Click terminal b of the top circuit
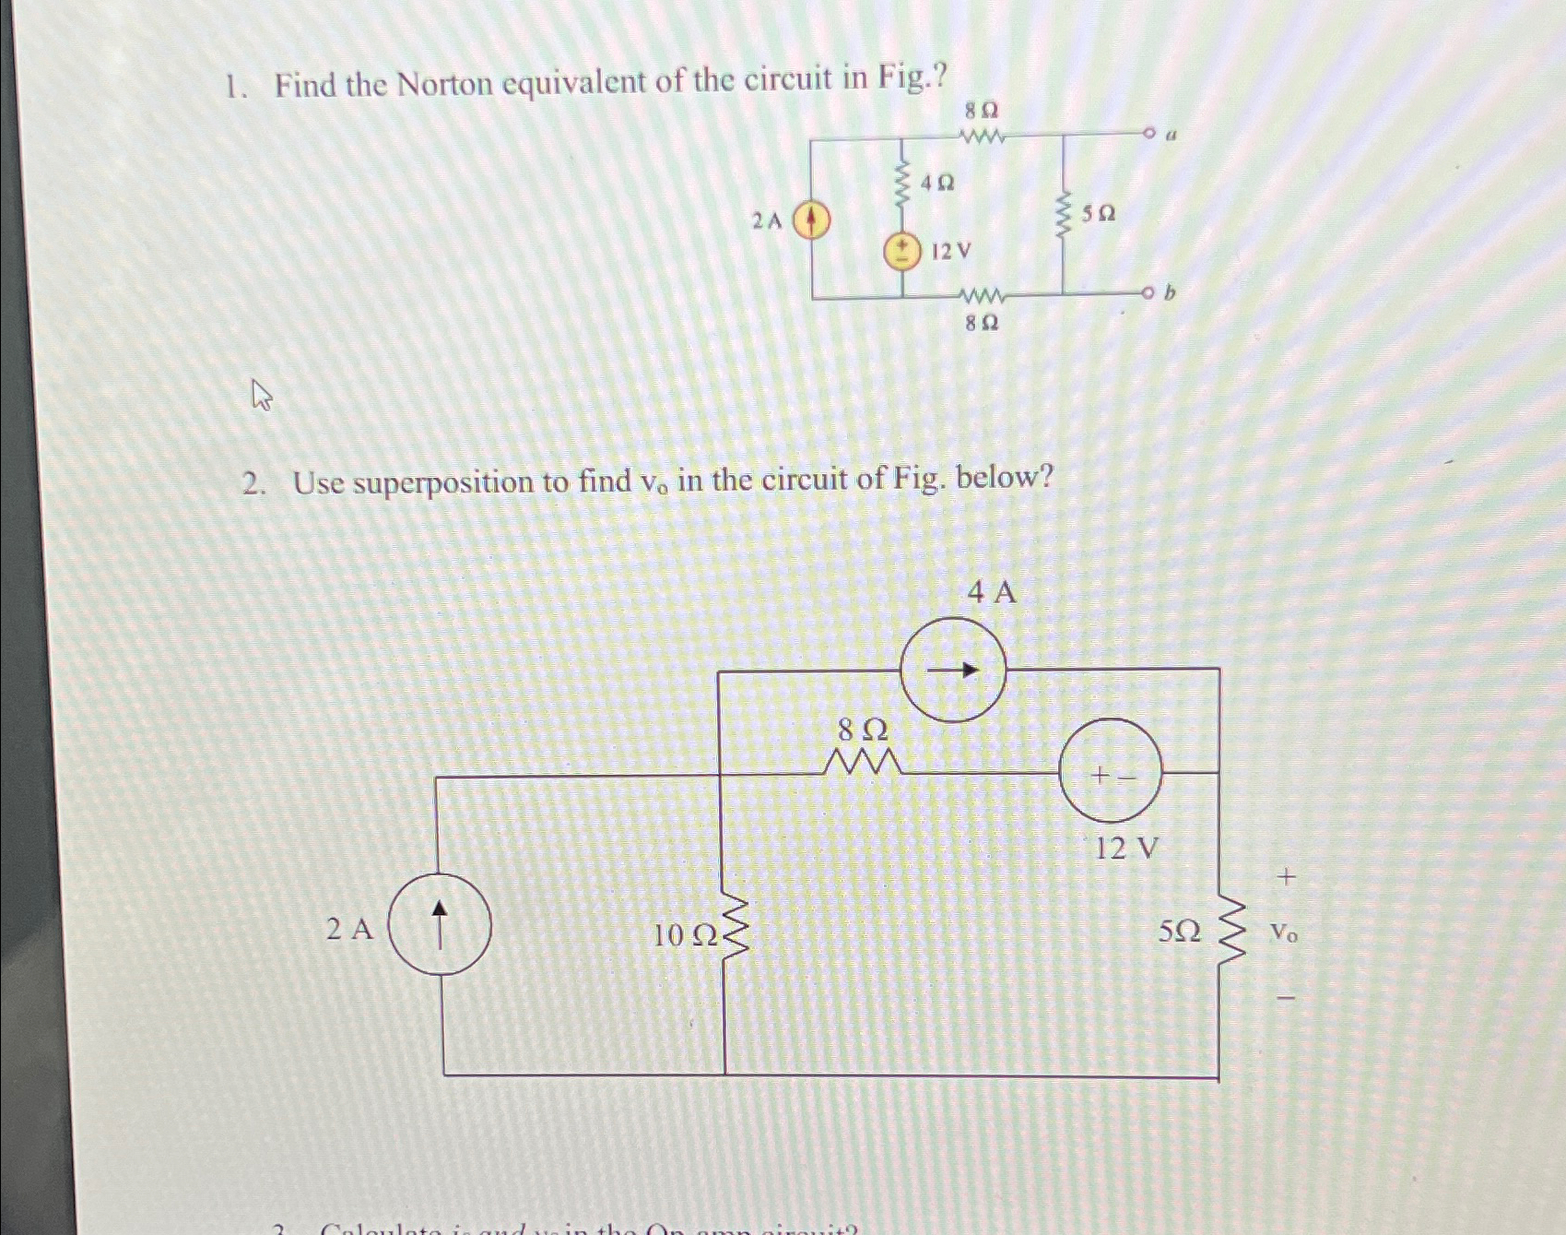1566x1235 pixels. point(1148,294)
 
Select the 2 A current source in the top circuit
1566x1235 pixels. point(812,220)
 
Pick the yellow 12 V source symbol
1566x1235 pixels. point(903,251)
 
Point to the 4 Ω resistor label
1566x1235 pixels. point(936,183)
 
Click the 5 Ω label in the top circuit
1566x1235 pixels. point(1098,214)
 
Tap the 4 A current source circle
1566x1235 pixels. point(953,670)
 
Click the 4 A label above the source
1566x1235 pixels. point(992,592)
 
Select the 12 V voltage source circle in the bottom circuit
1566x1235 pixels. point(1111,771)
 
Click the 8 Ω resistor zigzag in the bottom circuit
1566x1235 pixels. point(862,763)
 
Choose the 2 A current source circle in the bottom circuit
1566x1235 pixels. point(440,925)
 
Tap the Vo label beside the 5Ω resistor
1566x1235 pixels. point(1284,933)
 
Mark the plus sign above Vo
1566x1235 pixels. point(1287,876)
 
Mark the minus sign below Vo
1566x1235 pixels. point(1287,997)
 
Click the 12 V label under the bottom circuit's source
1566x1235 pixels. point(1125,848)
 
